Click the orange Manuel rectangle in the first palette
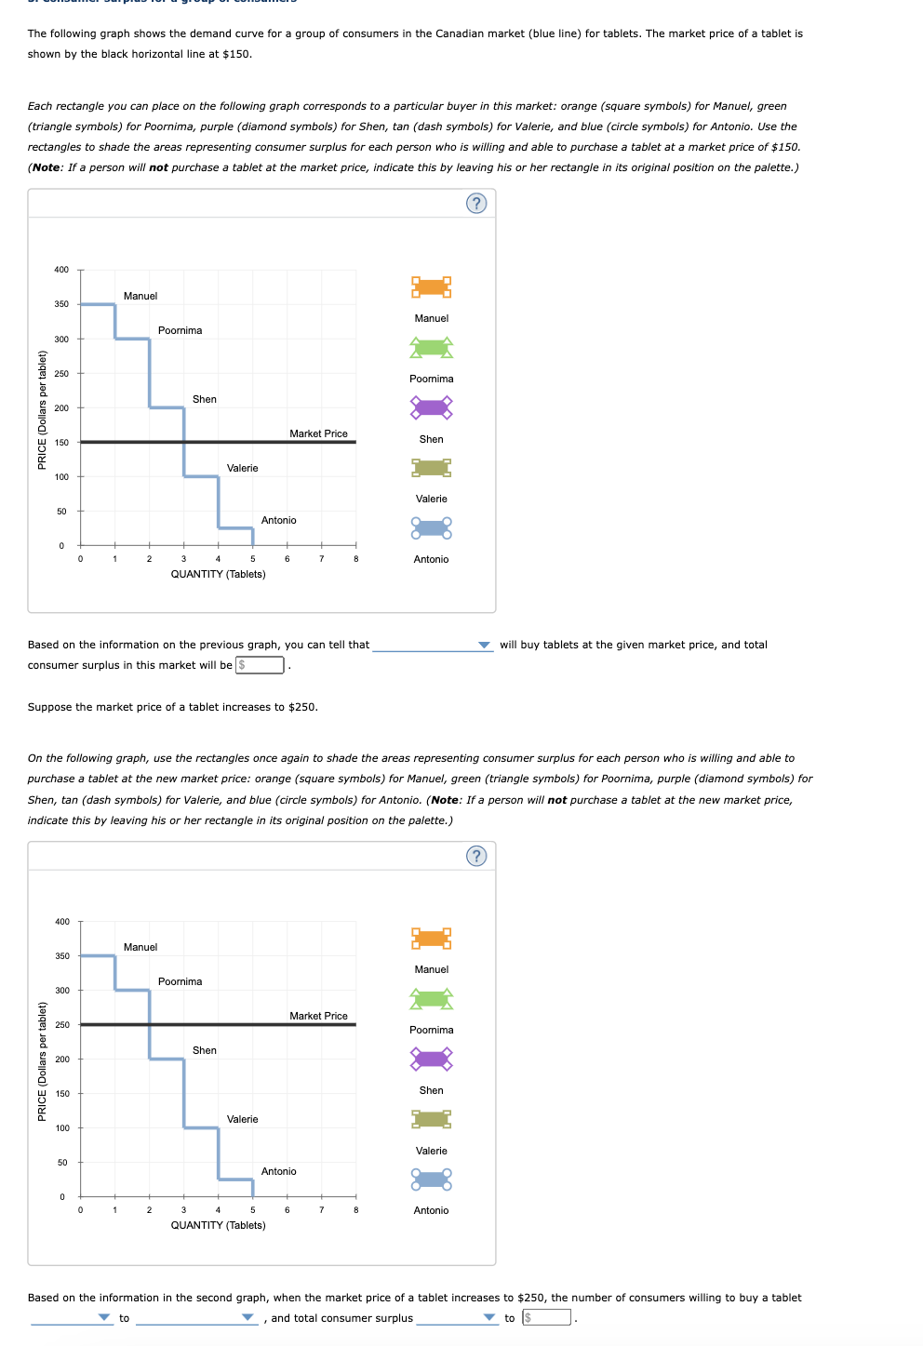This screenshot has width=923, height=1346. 432,287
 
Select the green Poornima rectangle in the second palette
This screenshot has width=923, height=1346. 432,999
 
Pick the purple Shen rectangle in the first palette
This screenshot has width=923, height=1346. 432,407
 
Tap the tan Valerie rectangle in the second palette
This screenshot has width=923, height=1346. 432,1119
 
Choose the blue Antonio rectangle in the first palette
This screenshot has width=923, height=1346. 432,528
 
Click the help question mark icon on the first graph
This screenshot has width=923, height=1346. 476,203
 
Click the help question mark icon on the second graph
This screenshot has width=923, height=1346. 476,856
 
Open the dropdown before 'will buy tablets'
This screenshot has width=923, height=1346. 433,645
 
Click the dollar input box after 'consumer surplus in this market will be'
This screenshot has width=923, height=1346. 261,665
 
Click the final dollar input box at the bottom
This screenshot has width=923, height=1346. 547,1318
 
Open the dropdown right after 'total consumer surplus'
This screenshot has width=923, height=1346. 457,1318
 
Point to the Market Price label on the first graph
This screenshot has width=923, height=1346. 318,433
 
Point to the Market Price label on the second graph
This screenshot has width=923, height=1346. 318,1016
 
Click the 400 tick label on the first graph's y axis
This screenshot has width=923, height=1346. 61,270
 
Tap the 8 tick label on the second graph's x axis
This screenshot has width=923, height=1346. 356,1210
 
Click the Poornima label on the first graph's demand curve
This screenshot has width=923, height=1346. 180,330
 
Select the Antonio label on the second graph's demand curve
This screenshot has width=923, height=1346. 279,1171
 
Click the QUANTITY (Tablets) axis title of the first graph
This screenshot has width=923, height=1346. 218,574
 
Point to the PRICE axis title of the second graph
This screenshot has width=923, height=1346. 42,1061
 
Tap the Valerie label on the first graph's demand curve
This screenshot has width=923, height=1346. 243,468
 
